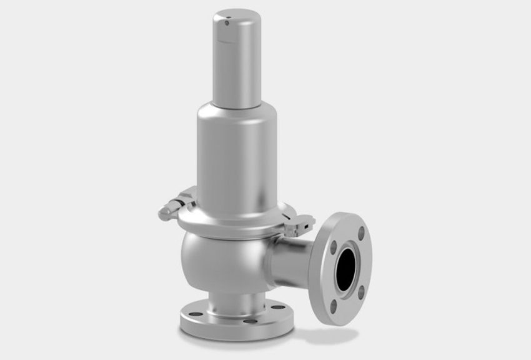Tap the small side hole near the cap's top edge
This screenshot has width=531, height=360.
pos(226,24)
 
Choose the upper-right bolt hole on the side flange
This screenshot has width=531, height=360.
pos(362,232)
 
